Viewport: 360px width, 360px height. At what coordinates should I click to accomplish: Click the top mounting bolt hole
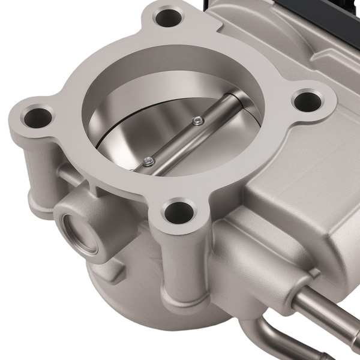tap(168, 17)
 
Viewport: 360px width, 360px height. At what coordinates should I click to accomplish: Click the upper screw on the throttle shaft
tap(199, 121)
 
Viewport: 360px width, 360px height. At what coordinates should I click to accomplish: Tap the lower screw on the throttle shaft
tap(148, 160)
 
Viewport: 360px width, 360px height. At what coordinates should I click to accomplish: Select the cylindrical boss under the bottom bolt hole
tap(180, 264)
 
